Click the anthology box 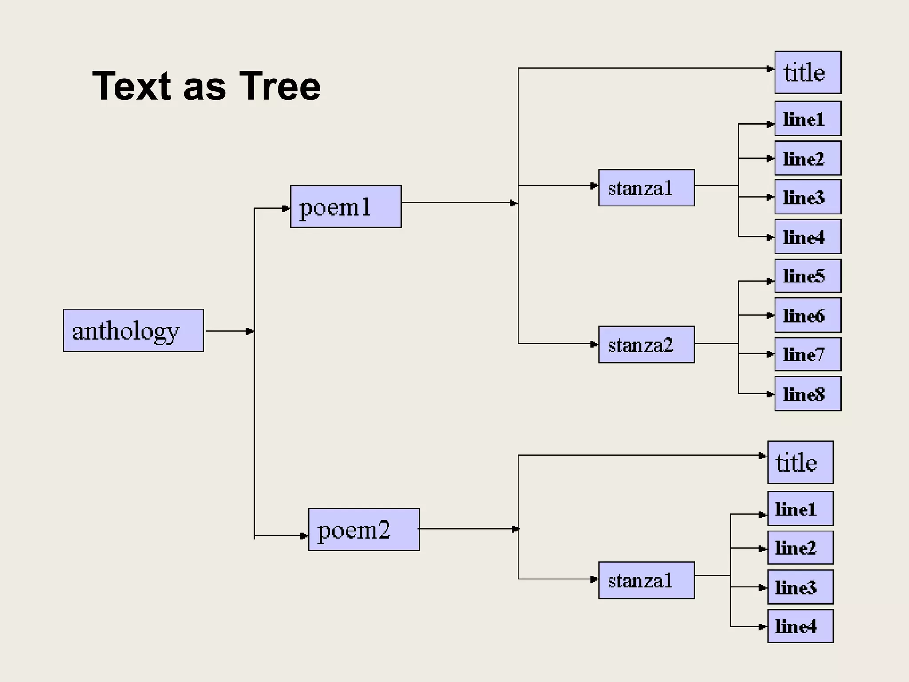(x=133, y=330)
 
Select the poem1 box (x=346, y=206)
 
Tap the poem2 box (x=364, y=529)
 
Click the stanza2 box (x=646, y=345)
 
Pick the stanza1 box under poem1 (x=646, y=188)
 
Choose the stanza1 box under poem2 (x=646, y=580)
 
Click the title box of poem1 (x=807, y=72)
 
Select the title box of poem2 (x=800, y=462)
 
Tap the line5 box (x=807, y=276)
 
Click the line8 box (x=807, y=393)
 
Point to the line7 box (x=807, y=354)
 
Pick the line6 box (x=807, y=315)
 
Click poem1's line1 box (x=807, y=119)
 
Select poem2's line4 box (x=800, y=626)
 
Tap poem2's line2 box (x=800, y=547)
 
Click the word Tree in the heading (x=280, y=86)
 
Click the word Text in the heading (x=131, y=86)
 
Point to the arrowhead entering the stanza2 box (x=594, y=345)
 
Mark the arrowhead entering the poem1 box (x=286, y=208)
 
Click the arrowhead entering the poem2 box (x=304, y=536)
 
